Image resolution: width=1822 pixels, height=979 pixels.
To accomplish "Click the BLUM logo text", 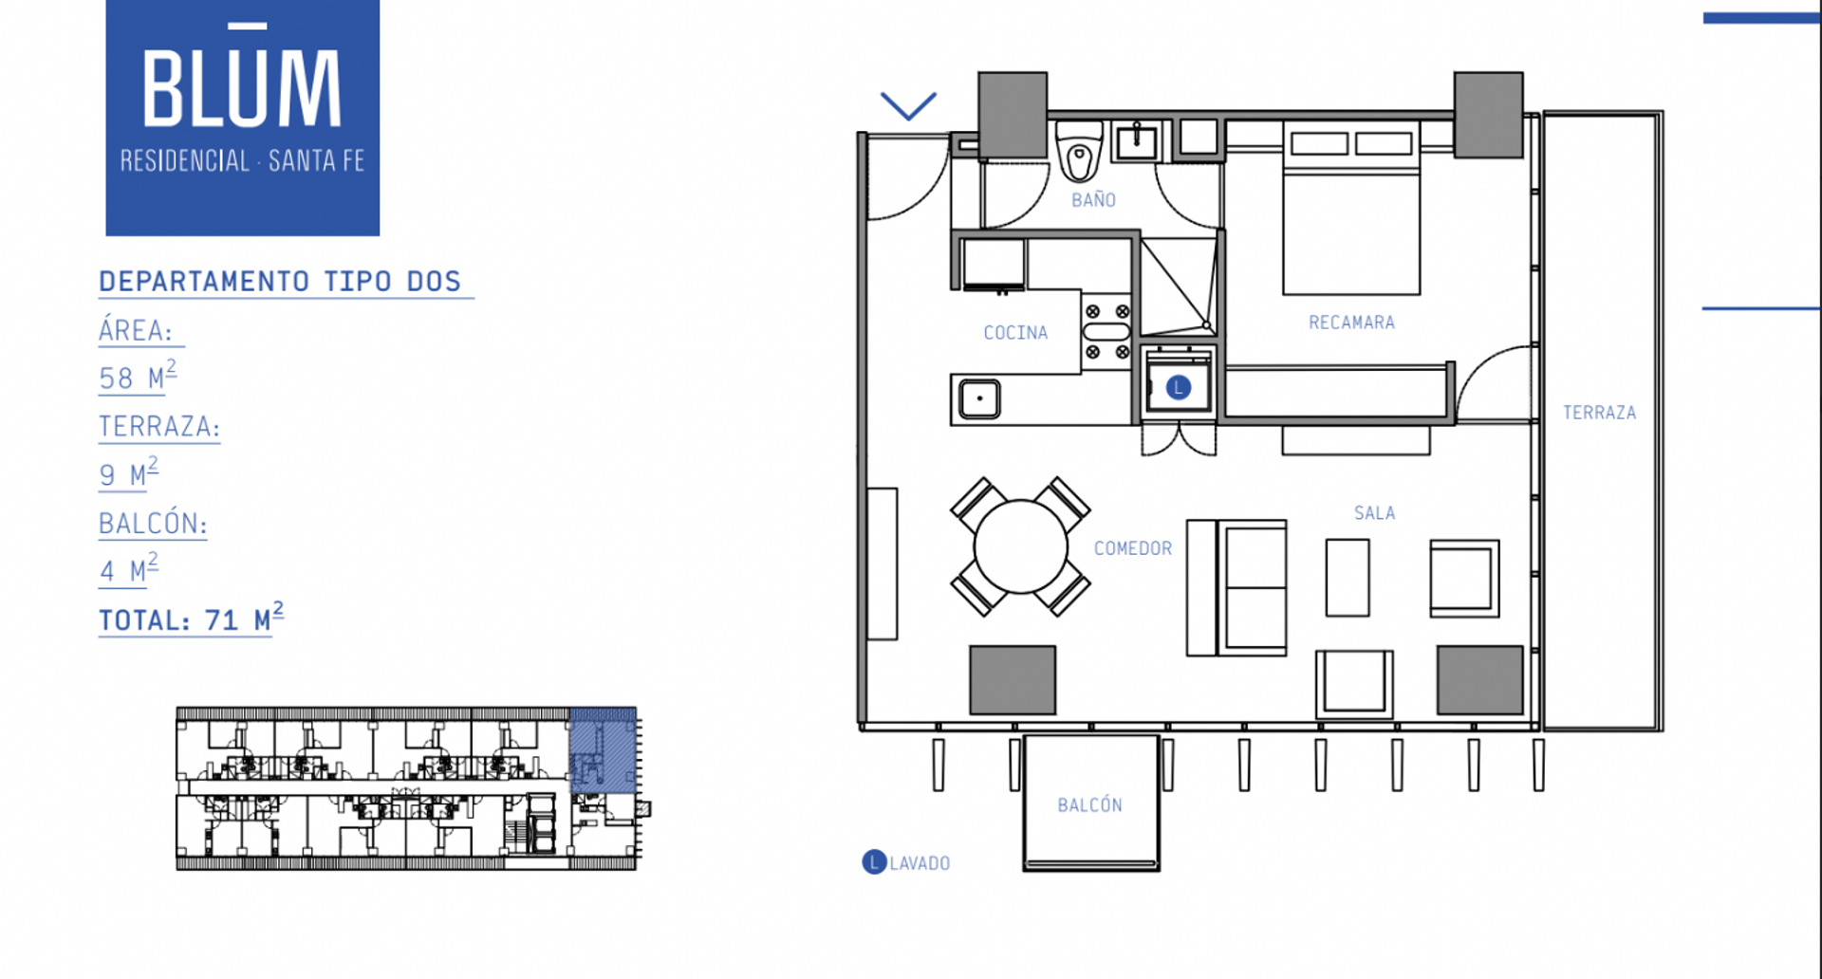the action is click(x=242, y=82).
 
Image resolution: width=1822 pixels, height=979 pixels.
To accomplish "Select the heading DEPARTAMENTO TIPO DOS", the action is click(x=280, y=282).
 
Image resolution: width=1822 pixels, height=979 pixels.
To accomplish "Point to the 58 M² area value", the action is click(x=138, y=377).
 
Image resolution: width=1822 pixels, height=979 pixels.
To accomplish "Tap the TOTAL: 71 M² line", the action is click(x=191, y=619).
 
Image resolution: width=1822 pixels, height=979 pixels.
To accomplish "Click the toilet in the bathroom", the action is click(x=1079, y=152).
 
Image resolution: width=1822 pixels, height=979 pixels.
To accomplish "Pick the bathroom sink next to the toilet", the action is click(x=1136, y=142).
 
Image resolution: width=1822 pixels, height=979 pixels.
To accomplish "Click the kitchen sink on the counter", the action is click(x=979, y=398).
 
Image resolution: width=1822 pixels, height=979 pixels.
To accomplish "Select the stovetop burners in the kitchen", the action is click(x=1107, y=331).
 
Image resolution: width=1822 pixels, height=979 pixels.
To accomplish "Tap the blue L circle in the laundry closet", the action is click(x=1178, y=387).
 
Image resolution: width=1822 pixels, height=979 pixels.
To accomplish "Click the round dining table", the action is click(x=1020, y=546).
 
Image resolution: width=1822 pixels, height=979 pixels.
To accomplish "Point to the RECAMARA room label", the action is click(x=1351, y=323).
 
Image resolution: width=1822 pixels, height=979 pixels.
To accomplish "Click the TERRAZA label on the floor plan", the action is click(x=1599, y=413).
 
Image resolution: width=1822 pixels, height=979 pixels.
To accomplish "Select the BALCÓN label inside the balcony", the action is click(x=1089, y=804).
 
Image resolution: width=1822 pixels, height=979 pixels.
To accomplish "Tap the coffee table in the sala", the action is click(x=1348, y=578).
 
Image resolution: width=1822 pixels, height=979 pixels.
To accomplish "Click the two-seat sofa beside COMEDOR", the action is click(x=1236, y=587).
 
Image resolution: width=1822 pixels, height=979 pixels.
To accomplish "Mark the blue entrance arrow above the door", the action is click(x=908, y=105).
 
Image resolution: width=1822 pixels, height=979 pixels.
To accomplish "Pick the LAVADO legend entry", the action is click(x=906, y=862).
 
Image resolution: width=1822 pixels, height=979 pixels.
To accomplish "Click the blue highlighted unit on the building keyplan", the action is click(x=603, y=749).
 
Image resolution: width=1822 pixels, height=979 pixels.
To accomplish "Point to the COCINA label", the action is click(x=1015, y=333).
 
